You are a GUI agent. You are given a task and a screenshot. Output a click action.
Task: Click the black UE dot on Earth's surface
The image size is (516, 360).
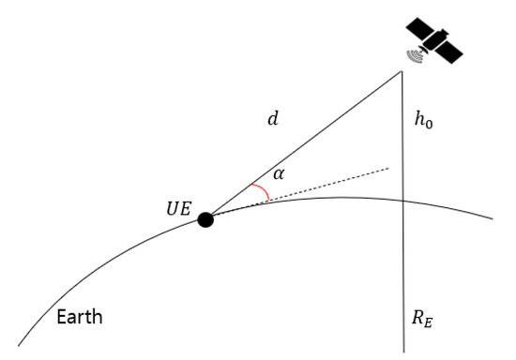click(205, 219)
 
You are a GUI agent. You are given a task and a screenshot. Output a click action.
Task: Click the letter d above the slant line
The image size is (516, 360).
click(273, 119)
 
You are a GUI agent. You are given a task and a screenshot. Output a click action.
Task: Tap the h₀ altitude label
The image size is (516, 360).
click(424, 119)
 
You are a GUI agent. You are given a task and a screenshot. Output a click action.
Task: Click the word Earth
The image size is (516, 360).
click(78, 317)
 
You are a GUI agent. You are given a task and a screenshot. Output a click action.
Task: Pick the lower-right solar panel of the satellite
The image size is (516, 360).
click(458, 52)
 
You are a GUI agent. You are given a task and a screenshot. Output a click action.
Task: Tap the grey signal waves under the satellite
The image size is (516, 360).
click(414, 57)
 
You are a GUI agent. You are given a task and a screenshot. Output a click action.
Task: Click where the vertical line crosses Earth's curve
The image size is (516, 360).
click(403, 200)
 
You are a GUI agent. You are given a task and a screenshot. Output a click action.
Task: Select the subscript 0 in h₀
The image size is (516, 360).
click(431, 123)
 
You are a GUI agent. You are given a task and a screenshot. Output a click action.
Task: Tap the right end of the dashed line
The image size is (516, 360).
click(388, 169)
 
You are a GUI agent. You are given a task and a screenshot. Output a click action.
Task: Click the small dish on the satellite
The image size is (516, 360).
click(425, 48)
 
